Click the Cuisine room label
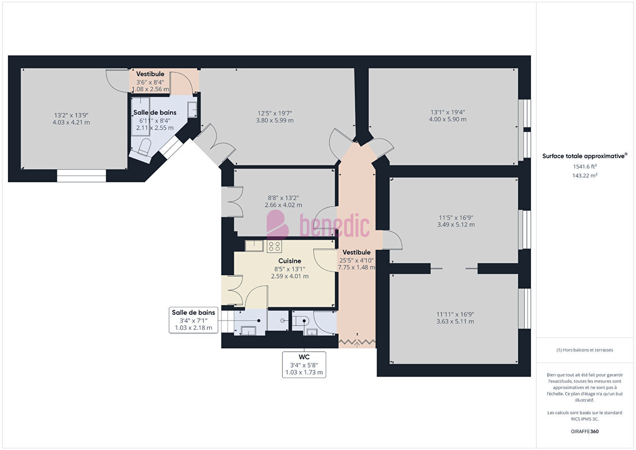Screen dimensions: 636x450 (x=290, y=261)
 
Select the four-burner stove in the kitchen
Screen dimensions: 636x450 (x=274, y=246)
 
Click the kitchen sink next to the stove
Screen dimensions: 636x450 (x=254, y=246)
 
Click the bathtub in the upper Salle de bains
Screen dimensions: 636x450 (x=140, y=117)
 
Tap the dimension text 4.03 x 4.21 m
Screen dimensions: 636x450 (x=71, y=123)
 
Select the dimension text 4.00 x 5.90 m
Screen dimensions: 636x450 (x=448, y=119)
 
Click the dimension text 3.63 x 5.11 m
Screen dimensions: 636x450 (x=455, y=322)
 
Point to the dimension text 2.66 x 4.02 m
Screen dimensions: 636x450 (x=283, y=205)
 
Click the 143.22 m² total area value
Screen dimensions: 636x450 (x=585, y=176)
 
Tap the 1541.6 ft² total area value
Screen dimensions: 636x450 (x=585, y=166)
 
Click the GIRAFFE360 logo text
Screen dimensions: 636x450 (x=585, y=431)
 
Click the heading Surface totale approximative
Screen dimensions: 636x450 (x=583, y=156)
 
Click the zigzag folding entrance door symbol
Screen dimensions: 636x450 (x=357, y=341)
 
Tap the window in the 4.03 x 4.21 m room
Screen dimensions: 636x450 (x=82, y=176)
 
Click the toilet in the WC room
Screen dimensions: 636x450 (x=300, y=321)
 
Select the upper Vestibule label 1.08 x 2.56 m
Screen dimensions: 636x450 (x=150, y=89)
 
